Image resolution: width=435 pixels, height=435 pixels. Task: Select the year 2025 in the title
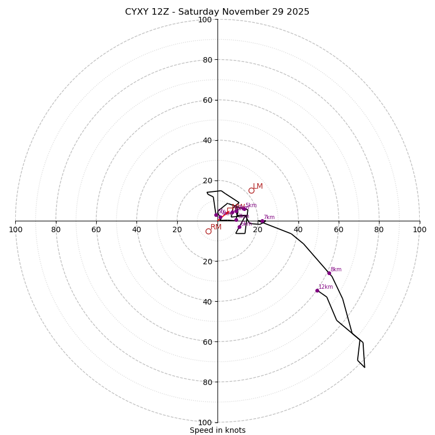click(297, 12)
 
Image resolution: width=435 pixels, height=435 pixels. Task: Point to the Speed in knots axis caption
click(217, 430)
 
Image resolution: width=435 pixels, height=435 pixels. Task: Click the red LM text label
click(258, 187)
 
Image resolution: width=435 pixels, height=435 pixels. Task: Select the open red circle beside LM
click(251, 190)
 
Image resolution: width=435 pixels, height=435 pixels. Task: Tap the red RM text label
click(216, 227)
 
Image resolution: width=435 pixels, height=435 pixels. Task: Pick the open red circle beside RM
click(208, 231)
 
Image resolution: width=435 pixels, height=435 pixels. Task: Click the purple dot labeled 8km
click(329, 273)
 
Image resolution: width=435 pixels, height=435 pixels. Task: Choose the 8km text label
click(336, 270)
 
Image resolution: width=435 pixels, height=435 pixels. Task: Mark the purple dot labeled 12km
click(317, 290)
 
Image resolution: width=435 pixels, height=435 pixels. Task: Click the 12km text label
click(326, 287)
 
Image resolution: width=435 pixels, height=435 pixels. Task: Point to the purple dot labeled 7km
click(262, 221)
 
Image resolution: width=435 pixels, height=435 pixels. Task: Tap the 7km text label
click(269, 217)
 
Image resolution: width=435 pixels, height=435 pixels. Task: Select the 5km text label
click(251, 206)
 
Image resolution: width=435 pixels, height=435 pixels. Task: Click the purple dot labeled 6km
click(239, 227)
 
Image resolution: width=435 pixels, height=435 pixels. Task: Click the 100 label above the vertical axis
click(204, 20)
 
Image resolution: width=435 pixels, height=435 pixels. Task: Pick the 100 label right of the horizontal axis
click(419, 229)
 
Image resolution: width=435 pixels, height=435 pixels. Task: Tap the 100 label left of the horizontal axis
click(15, 229)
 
